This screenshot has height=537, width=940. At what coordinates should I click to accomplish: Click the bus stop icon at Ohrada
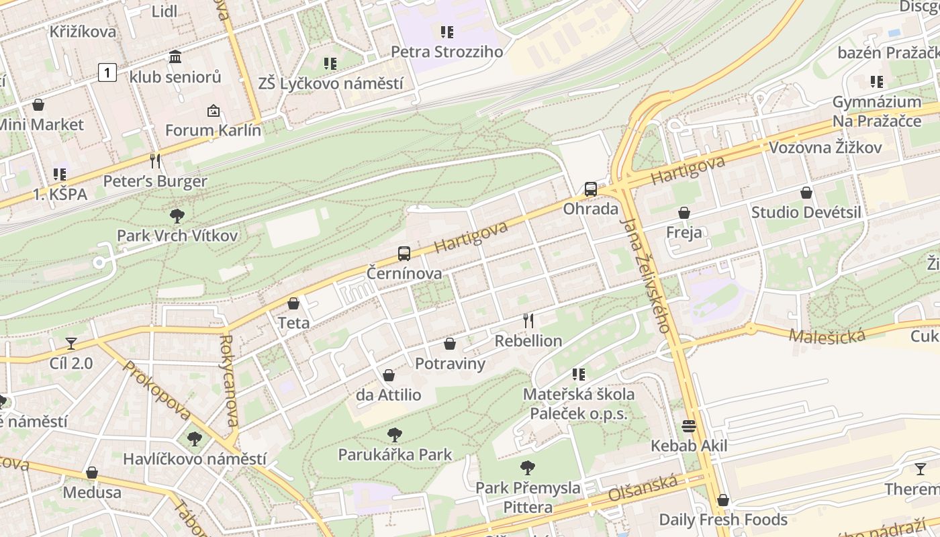[591, 189]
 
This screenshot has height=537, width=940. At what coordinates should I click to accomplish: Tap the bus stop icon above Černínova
[404, 254]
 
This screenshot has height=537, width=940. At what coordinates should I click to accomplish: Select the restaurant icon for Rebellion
[528, 321]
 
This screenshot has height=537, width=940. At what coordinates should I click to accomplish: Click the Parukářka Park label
[395, 454]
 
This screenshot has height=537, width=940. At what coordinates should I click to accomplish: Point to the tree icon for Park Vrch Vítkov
[177, 216]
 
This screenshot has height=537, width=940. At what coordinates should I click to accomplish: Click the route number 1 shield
[107, 72]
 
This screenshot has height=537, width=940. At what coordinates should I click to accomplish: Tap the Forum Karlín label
[213, 130]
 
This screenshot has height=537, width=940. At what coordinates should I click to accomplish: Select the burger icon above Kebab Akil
[689, 426]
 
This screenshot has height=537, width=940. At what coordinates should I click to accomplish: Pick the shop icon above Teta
[293, 303]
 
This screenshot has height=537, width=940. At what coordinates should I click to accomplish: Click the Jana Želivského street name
[646, 275]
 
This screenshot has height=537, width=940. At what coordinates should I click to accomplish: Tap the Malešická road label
[827, 336]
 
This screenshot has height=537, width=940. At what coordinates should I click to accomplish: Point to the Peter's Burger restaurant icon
[155, 161]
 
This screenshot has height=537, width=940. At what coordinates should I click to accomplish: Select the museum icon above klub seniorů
[175, 57]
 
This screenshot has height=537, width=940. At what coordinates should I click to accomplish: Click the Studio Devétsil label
[806, 213]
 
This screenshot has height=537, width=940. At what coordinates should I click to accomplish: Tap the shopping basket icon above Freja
[684, 213]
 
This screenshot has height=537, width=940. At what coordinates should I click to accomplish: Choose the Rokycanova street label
[229, 381]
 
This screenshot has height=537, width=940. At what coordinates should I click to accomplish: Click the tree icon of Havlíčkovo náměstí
[195, 439]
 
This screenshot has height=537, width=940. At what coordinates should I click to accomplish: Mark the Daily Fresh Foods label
[723, 520]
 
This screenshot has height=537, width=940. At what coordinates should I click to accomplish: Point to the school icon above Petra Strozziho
[447, 32]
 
